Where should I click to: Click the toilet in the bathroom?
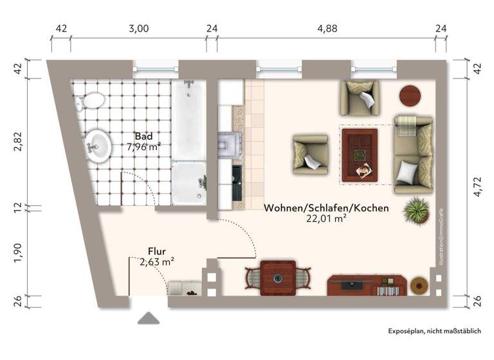[91, 101]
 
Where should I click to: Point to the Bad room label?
[143, 136]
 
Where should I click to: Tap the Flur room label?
[158, 251]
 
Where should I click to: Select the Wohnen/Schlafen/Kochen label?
[326, 208]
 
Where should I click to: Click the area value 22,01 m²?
[326, 219]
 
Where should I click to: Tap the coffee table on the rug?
[360, 155]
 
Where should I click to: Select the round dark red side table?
[410, 96]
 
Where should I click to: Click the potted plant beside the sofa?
[416, 209]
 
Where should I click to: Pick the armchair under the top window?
[360, 97]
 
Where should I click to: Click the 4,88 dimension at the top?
[327, 29]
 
